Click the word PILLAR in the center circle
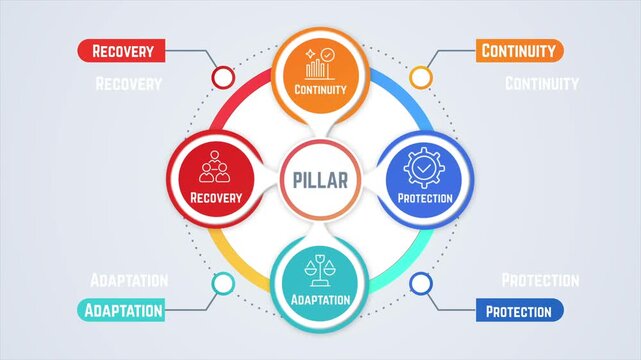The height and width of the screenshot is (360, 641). tap(320, 181)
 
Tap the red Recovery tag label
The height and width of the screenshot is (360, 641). tap(121, 50)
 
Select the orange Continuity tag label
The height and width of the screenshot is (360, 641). tap(518, 50)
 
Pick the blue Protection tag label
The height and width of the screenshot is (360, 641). tap(518, 311)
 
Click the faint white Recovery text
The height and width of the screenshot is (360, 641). tap(128, 84)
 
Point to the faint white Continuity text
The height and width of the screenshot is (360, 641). tap(541, 83)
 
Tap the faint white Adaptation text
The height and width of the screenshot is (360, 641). tap(129, 280)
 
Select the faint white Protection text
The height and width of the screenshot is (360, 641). tap(540, 280)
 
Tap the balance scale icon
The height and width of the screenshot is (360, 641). tap(320, 270)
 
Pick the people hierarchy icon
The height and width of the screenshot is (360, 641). tap(214, 167)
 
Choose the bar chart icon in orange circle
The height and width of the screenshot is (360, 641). tap(320, 64)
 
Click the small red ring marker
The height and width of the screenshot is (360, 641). tap(222, 77)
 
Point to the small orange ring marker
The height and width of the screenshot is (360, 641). tap(420, 77)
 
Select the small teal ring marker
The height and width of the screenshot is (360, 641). tap(222, 284)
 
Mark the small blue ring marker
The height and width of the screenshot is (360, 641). tap(420, 284)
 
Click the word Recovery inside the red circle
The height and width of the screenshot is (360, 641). tap(216, 197)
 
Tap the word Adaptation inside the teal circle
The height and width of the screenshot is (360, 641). tap(320, 299)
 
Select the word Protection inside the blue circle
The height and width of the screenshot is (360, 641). tap(425, 197)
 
